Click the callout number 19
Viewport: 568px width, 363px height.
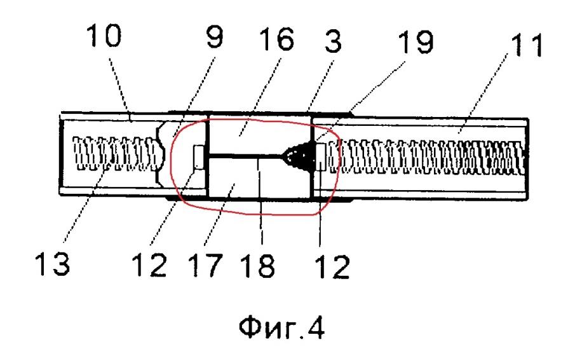coord(416,42)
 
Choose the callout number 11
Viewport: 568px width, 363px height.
coord(526,45)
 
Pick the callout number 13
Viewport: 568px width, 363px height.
coord(52,264)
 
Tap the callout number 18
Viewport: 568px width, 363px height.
coord(257,266)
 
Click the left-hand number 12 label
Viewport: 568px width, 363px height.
coord(149,265)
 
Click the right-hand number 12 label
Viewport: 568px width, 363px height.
coord(332,266)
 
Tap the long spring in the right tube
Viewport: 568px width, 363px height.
coord(426,156)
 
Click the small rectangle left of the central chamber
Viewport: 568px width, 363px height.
coord(199,156)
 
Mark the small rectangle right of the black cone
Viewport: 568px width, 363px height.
coord(320,156)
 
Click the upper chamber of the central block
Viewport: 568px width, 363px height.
coord(260,136)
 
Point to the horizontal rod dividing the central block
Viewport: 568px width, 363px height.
coord(247,156)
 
